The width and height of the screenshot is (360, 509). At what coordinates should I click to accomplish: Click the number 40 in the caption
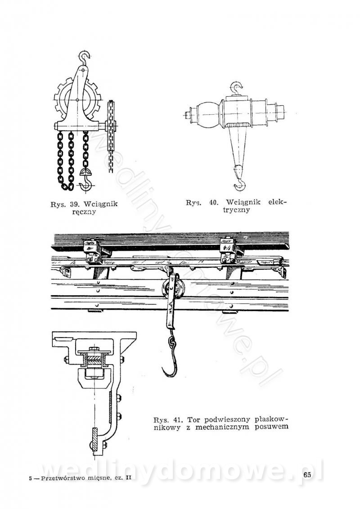[214, 203]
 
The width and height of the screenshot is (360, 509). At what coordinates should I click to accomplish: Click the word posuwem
[272, 427]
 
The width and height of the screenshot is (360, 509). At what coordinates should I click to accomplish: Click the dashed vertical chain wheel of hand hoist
[111, 135]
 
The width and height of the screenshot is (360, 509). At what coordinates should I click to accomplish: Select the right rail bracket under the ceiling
[227, 251]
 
